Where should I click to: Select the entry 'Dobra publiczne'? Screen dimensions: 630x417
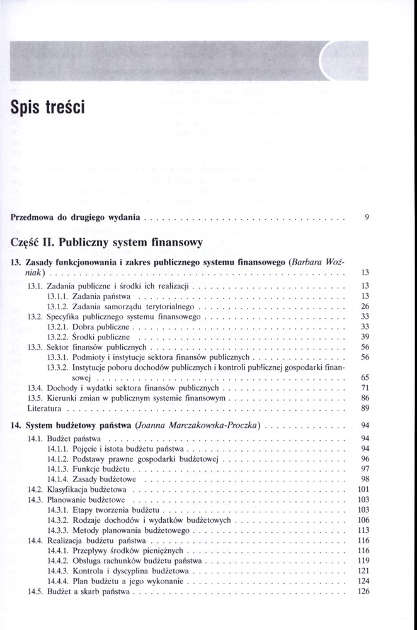coord(101,327)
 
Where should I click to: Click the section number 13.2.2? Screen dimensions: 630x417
coord(58,337)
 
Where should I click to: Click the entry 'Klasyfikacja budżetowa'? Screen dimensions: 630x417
coord(87,489)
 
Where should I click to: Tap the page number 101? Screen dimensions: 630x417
coord(362,489)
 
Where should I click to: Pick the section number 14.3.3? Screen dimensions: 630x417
coord(58,530)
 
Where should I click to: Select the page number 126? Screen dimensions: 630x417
coord(362,592)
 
